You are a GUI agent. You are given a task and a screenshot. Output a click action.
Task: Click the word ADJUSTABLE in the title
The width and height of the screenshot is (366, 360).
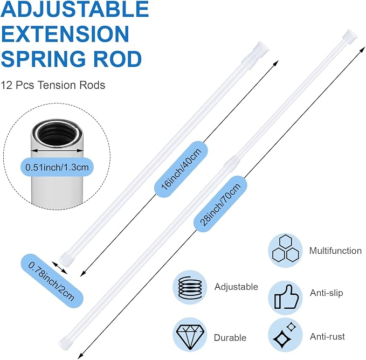tap(75, 9)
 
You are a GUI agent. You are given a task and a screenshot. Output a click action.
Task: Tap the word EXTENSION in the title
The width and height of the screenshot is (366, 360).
tap(65, 33)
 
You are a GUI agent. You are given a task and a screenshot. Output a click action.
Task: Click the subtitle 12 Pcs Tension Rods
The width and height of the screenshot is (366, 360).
tap(53, 85)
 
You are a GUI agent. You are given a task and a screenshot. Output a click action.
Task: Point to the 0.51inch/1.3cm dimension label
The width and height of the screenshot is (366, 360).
tap(57, 167)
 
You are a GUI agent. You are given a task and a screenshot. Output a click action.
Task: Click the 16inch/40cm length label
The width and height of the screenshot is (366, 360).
tap(181, 169)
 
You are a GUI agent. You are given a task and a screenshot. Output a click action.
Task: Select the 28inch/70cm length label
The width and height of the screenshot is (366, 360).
tap(220, 204)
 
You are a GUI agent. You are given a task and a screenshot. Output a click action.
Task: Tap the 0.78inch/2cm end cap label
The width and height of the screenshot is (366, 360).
tap(51, 281)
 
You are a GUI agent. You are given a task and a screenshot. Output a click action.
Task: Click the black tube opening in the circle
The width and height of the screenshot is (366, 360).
tap(58, 136)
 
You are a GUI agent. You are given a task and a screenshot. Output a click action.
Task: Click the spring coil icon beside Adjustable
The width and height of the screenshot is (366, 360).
tap(190, 287)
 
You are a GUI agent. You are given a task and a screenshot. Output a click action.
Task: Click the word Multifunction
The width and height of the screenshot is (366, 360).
tap(335, 251)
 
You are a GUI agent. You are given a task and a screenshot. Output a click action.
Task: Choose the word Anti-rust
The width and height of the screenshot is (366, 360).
tap(327, 336)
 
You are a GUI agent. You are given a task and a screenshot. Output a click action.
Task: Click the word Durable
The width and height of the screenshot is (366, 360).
tap(230, 337)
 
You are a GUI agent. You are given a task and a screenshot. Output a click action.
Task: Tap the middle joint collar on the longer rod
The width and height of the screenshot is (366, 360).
tap(232, 162)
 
